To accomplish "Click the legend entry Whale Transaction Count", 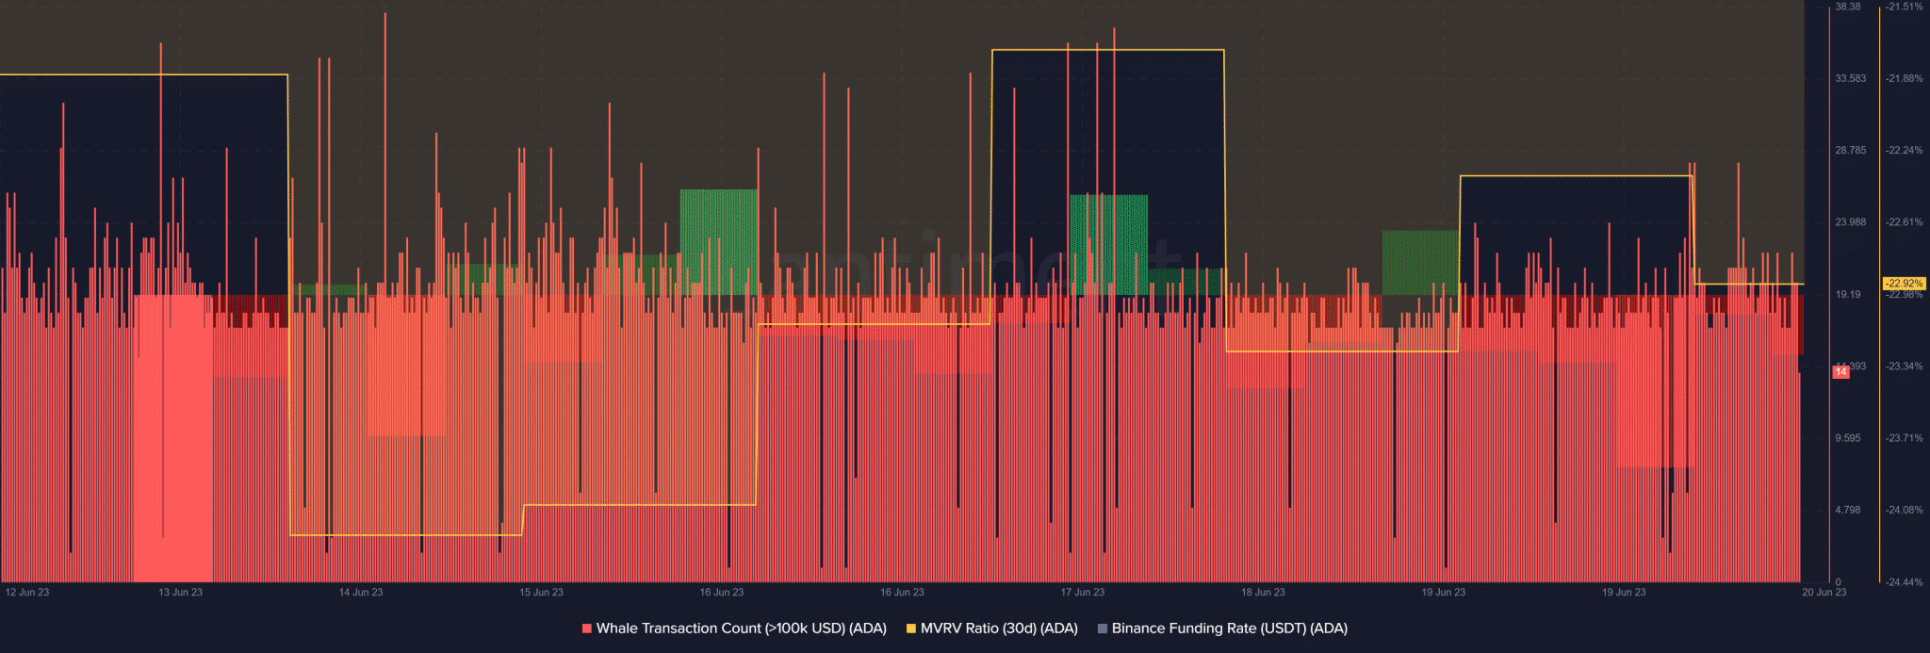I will pos(741,629).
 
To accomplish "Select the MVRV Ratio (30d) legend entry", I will pos(998,629).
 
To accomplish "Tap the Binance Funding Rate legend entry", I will pos(1229,629).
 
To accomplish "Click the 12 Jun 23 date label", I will pos(27,593).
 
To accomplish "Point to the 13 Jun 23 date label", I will pos(180,593).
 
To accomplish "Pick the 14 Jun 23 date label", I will pos(361,593).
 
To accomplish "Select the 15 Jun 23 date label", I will pos(541,593).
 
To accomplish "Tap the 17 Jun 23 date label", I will pos(1082,593).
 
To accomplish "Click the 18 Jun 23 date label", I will pos(1263,593).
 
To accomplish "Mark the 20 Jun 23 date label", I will pos(1824,593).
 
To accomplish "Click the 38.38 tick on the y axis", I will pos(1848,7).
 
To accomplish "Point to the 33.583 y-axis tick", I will pos(1850,78).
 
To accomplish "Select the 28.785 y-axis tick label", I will pos(1850,151).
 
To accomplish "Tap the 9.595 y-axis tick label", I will pos(1848,438).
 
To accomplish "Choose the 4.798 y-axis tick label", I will pos(1848,510).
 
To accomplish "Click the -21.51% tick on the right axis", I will pos(1904,7).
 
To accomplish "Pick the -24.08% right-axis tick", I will pos(1904,510).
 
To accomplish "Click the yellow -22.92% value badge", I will pos(1904,284).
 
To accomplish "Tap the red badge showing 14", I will pos(1840,372).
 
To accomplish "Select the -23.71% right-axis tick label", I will pos(1904,438).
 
